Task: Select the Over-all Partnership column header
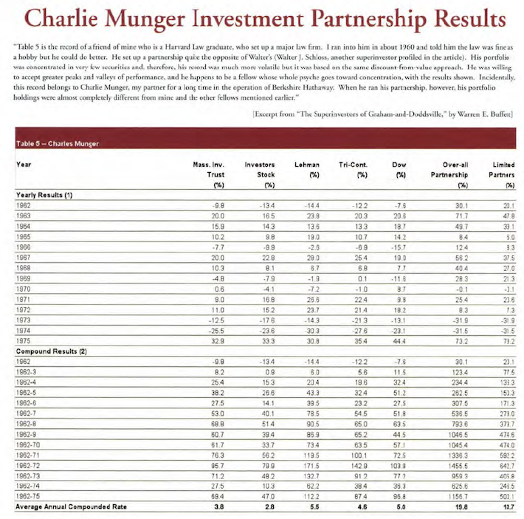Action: pyautogui.click(x=449, y=169)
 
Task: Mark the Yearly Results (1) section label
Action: pyautogui.click(x=44, y=195)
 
